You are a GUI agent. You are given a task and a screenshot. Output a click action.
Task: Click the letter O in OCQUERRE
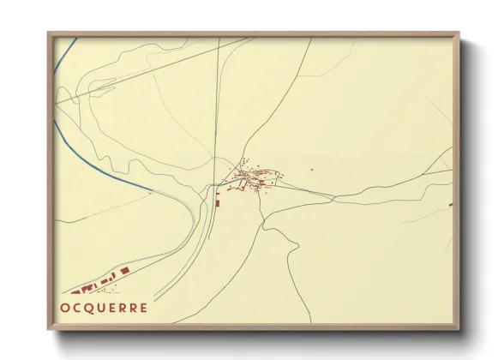[66, 308]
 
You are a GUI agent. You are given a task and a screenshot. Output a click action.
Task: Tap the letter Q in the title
[92, 308]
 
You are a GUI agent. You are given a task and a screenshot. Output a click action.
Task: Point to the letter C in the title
[79, 308]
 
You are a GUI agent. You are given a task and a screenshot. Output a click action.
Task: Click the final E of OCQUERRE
[143, 308]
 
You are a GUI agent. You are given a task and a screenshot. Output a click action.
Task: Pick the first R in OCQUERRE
[123, 308]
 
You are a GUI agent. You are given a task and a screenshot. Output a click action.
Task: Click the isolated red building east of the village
[311, 170]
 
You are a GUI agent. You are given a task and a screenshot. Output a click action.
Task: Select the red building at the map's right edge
[452, 204]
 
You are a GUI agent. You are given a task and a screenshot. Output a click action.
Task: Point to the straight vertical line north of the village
[218, 103]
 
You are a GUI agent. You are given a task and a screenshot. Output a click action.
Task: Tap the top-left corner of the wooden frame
[49, 35]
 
